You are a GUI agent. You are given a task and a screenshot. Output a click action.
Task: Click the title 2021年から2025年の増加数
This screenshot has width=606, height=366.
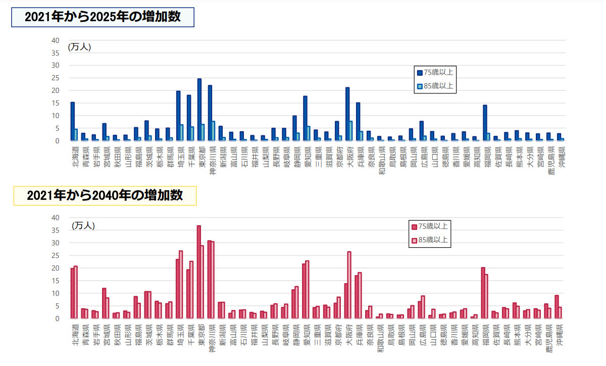click(103, 18)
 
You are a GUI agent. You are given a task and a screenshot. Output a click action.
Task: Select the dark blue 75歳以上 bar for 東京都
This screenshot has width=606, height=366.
click(199, 110)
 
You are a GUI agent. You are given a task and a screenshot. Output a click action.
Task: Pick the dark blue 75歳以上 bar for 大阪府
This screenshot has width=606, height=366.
click(347, 114)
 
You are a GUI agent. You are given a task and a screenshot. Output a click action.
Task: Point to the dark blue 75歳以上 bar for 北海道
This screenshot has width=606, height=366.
click(73, 121)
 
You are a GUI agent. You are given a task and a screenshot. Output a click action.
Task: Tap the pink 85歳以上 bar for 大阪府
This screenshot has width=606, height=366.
click(349, 285)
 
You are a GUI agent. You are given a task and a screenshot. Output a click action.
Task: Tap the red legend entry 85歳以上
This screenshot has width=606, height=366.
click(429, 240)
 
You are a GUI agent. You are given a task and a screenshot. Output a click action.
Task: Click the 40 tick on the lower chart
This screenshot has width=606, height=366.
click(56, 218)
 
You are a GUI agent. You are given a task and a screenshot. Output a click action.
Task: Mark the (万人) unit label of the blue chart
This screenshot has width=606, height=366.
click(79, 47)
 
